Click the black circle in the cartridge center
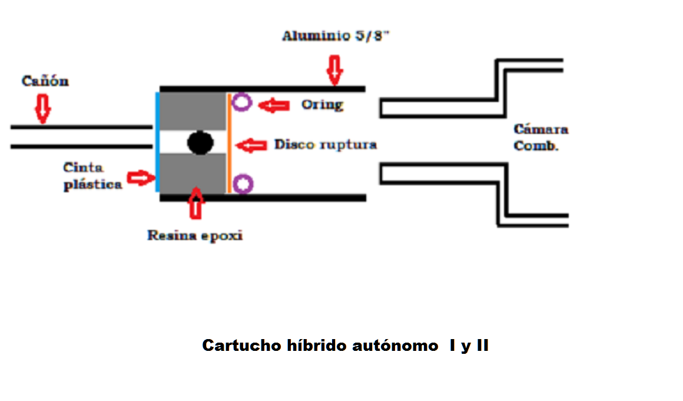coord(200,142)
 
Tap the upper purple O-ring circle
coord(241,103)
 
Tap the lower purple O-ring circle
coord(242,183)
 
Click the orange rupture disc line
coord(229,143)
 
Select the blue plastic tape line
coord(158,142)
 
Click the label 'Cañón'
coord(45,81)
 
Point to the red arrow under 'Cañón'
coord(42,110)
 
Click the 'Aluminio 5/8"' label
coord(336,37)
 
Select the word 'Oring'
coord(322,105)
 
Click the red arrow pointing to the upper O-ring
coord(274,106)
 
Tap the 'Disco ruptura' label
coord(325,144)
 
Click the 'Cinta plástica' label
coord(92,176)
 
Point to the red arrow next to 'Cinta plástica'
coord(140,178)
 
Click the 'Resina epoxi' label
coord(194,236)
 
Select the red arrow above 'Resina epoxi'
coord(196,203)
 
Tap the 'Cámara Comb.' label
coord(540,137)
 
